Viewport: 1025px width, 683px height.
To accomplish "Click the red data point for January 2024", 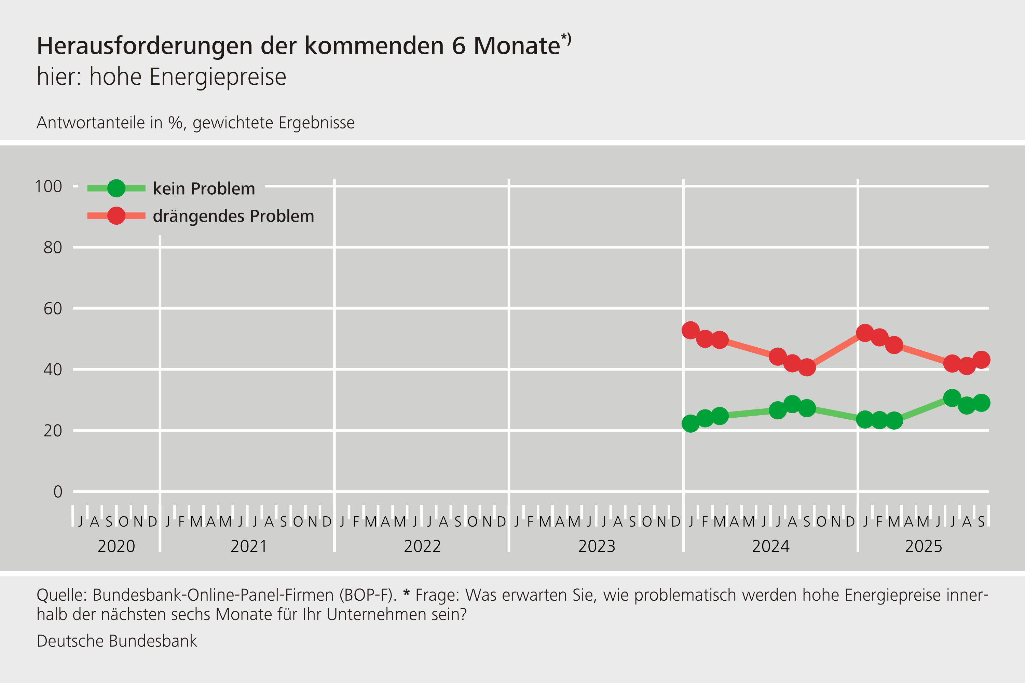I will tap(690, 330).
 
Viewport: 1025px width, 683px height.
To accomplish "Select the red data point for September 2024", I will tap(807, 367).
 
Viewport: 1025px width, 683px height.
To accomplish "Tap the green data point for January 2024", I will tap(690, 423).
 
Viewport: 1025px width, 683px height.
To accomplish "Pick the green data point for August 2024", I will tap(792, 404).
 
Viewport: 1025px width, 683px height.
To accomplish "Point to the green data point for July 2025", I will tap(952, 398).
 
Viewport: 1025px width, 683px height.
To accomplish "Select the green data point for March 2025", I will tap(894, 420).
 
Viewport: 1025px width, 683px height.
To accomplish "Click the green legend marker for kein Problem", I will tap(117, 188).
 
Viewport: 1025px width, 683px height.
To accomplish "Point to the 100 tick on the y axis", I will tap(49, 186).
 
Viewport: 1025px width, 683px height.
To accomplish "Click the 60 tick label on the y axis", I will tap(52, 309).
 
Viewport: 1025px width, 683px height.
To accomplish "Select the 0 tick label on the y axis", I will tap(57, 492).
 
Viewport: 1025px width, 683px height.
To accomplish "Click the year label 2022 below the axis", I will tap(422, 546).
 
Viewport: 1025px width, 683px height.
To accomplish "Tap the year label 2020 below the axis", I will tap(117, 546).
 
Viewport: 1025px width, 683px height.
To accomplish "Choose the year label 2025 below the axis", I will tap(923, 546).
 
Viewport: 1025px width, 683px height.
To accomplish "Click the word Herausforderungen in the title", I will tap(145, 46).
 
